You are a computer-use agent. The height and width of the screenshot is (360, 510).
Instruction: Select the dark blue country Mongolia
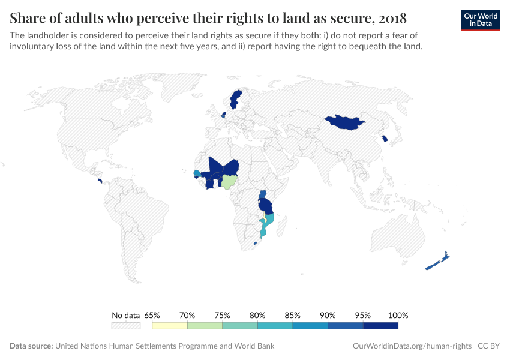point(345,122)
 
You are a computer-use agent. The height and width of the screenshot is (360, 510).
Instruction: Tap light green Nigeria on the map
point(230,181)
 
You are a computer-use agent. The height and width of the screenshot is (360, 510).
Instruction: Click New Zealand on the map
point(437,261)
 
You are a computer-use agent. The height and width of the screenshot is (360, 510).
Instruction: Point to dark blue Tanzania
point(265,205)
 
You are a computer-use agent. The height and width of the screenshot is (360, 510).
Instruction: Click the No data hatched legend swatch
point(125,326)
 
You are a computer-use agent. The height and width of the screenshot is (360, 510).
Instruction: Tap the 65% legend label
point(152,315)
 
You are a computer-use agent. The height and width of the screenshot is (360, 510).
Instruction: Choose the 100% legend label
point(398,315)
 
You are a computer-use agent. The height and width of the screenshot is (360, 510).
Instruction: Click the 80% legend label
point(257,315)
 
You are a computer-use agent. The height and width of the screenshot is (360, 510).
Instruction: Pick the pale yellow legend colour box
point(170,326)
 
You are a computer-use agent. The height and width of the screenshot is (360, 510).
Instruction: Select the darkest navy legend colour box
point(380,326)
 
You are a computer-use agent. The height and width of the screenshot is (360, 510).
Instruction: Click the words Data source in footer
point(31,346)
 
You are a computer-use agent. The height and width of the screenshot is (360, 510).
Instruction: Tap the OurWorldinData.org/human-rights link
point(411,346)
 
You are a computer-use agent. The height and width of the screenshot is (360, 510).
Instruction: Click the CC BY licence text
point(489,346)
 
